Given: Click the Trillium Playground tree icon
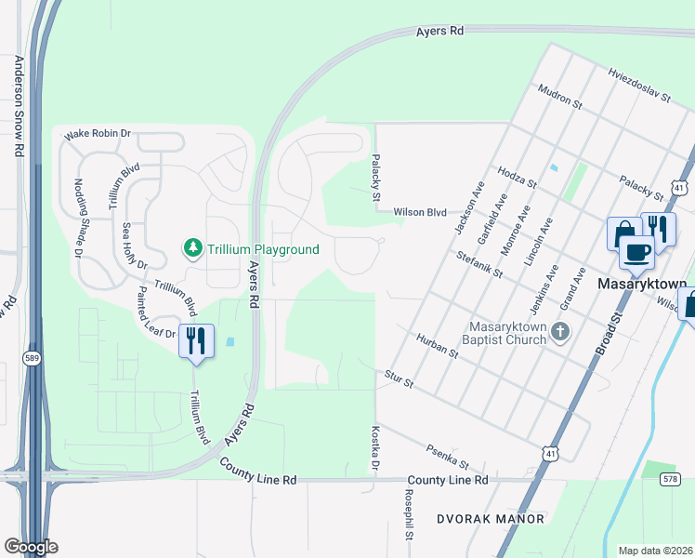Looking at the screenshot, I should point(193,248).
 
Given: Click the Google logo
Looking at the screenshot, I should point(30,546).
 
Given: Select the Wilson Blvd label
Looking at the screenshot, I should point(421,212).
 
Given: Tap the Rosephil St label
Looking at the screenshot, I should point(408,515).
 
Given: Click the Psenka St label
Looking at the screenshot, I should point(449,457).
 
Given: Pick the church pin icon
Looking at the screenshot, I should point(559,331).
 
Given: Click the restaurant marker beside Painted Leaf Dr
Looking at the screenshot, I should point(195,341).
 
